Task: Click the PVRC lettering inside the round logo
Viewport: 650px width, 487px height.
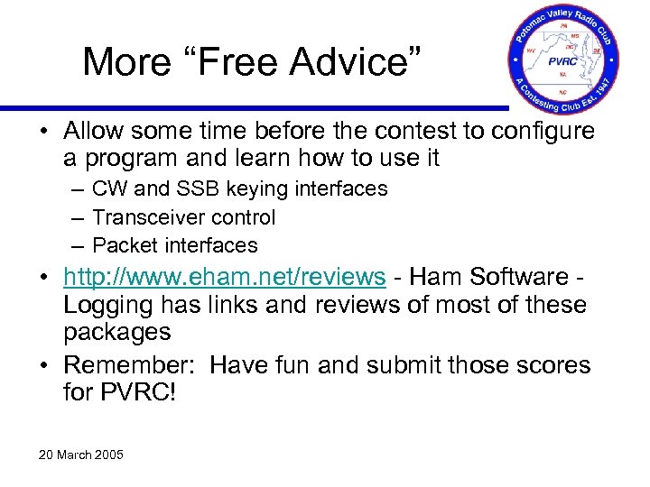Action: click(x=563, y=63)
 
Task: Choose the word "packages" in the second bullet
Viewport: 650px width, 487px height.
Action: click(x=116, y=332)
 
